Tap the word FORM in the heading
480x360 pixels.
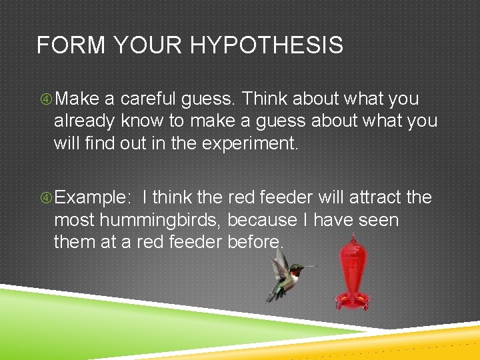point(63,45)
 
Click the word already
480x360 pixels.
point(85,121)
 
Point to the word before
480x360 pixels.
point(256,241)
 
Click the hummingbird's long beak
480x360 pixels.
point(311,267)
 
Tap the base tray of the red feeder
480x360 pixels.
point(351,301)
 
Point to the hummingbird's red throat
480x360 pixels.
point(293,272)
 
